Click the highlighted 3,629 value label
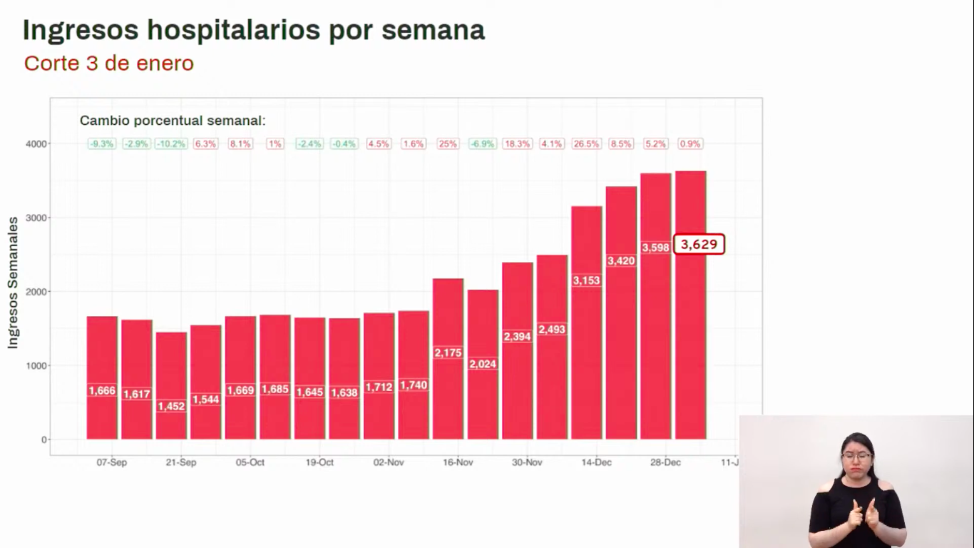tap(699, 245)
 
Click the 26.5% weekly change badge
tap(587, 143)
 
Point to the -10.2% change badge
tap(171, 143)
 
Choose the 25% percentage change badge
tap(448, 143)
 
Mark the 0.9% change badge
tap(690, 143)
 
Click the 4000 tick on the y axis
tap(37, 143)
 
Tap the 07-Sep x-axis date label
tap(112, 462)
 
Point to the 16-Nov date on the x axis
tap(458, 462)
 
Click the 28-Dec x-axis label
tap(665, 462)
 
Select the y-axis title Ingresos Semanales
tap(13, 283)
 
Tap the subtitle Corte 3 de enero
tap(109, 64)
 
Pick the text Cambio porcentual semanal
tap(173, 121)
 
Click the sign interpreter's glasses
tap(856, 455)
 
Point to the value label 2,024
tap(483, 364)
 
